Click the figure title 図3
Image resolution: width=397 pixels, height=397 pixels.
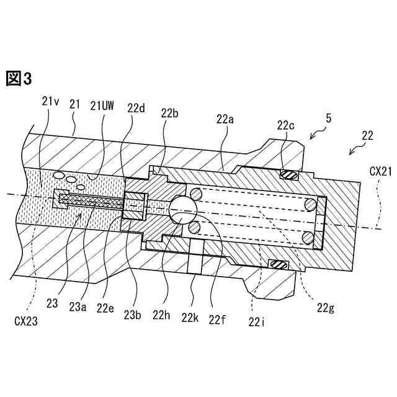tap(18, 79)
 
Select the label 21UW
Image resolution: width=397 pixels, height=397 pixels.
tap(102, 105)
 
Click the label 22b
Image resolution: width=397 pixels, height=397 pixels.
tap(169, 113)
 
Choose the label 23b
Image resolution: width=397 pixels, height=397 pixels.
tap(133, 314)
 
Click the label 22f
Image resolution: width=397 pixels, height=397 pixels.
tap(218, 319)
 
